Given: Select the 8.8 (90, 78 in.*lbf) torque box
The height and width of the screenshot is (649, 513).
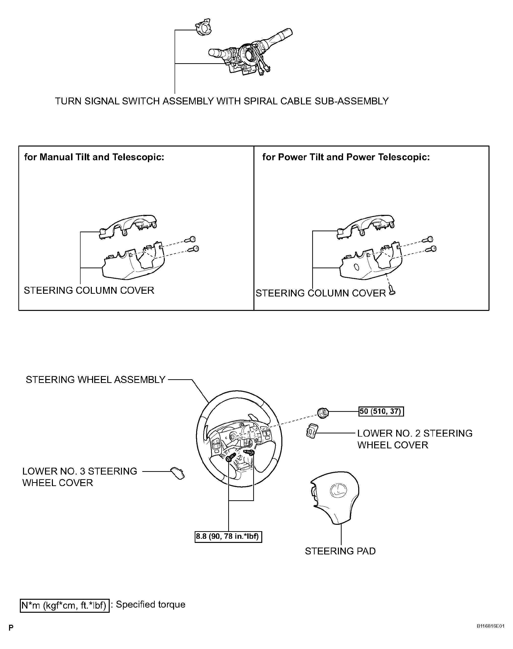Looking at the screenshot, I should pyautogui.click(x=228, y=536).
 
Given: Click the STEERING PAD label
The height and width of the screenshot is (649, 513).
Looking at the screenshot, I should pyautogui.click(x=340, y=551).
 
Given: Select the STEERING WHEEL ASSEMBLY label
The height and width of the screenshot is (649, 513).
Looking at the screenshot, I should pyautogui.click(x=95, y=380).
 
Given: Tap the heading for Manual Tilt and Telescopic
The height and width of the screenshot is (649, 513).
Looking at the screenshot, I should pyautogui.click(x=94, y=157).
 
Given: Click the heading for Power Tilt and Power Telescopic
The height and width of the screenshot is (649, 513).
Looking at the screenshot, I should pyautogui.click(x=346, y=157).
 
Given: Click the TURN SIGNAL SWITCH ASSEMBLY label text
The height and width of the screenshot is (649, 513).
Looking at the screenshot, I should pyautogui.click(x=222, y=101).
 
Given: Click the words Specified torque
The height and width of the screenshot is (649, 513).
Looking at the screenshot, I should pyautogui.click(x=151, y=604).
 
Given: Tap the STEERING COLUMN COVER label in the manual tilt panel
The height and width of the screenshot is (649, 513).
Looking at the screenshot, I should pyautogui.click(x=89, y=291).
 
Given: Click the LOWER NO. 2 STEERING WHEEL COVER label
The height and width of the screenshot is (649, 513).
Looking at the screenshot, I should pyautogui.click(x=415, y=439).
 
